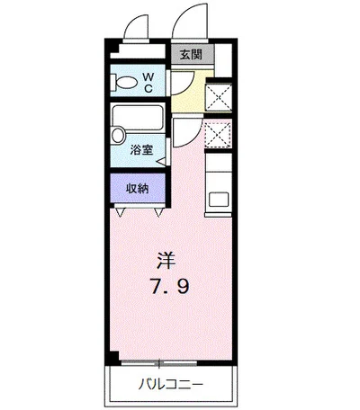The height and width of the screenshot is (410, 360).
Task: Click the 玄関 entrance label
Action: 190,54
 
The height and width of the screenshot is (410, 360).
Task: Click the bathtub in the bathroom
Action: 136,118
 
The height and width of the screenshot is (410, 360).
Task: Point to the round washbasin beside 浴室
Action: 118,137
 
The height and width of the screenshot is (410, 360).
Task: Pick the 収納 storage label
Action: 137,189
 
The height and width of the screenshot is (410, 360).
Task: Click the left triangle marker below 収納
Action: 121,212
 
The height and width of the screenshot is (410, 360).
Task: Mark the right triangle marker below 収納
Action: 157,212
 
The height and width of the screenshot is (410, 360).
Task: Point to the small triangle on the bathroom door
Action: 161,162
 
